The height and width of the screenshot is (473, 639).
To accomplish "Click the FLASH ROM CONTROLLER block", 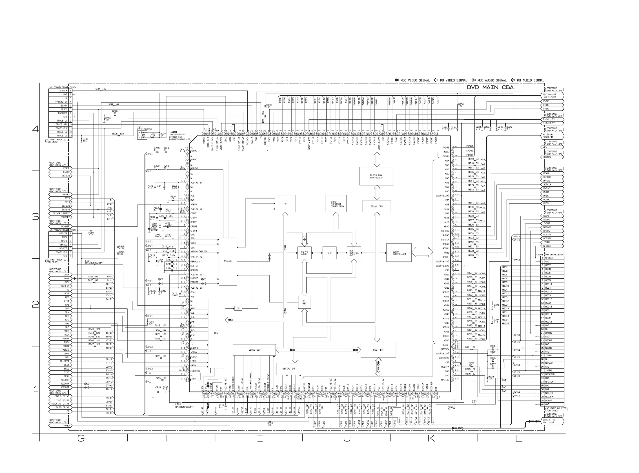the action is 377,176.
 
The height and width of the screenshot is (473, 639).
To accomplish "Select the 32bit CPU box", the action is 377,206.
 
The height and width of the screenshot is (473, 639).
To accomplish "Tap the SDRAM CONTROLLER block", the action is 399,253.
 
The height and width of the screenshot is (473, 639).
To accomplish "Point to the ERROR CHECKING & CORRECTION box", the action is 336,204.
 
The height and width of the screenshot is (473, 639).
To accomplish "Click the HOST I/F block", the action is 378,350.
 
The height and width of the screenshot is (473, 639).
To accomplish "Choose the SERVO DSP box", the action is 254,350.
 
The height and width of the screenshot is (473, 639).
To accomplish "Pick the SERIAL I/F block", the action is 289,369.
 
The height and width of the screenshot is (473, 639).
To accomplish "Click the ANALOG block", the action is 227,261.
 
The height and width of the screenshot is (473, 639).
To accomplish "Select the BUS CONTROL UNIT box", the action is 354,253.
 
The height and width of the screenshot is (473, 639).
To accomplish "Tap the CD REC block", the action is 304,302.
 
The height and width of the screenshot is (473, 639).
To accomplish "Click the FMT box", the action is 285,204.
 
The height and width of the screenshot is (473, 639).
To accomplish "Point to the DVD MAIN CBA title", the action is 490,87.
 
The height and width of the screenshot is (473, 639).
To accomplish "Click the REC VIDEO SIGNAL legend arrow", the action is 396,80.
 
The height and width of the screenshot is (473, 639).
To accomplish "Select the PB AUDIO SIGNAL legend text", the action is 531,80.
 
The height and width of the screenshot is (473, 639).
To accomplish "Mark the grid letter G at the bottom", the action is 81,438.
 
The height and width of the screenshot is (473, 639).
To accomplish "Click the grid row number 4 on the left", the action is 35,129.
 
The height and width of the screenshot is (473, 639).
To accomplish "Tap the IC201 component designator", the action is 174,132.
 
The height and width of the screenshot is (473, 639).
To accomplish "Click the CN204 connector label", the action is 73,87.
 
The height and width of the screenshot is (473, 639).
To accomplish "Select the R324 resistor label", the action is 98,89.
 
